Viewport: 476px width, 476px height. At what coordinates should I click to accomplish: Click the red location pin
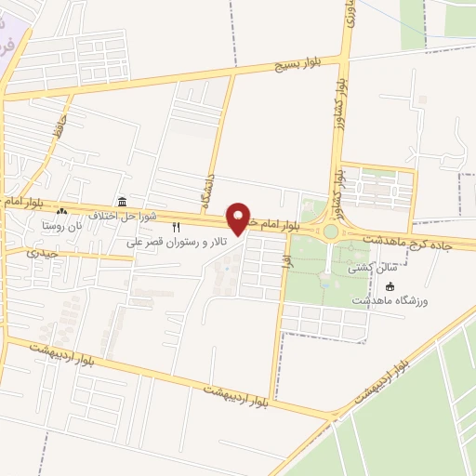(240, 219)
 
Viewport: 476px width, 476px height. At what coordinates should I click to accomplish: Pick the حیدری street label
(43, 252)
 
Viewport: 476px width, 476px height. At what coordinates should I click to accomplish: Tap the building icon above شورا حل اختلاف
(122, 203)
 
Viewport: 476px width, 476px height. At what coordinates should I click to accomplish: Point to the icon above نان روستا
(62, 213)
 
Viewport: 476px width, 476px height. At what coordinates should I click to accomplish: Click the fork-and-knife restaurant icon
(176, 228)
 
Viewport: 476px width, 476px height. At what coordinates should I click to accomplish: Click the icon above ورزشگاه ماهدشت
(390, 286)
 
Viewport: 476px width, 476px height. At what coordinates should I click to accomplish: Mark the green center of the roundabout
(329, 231)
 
